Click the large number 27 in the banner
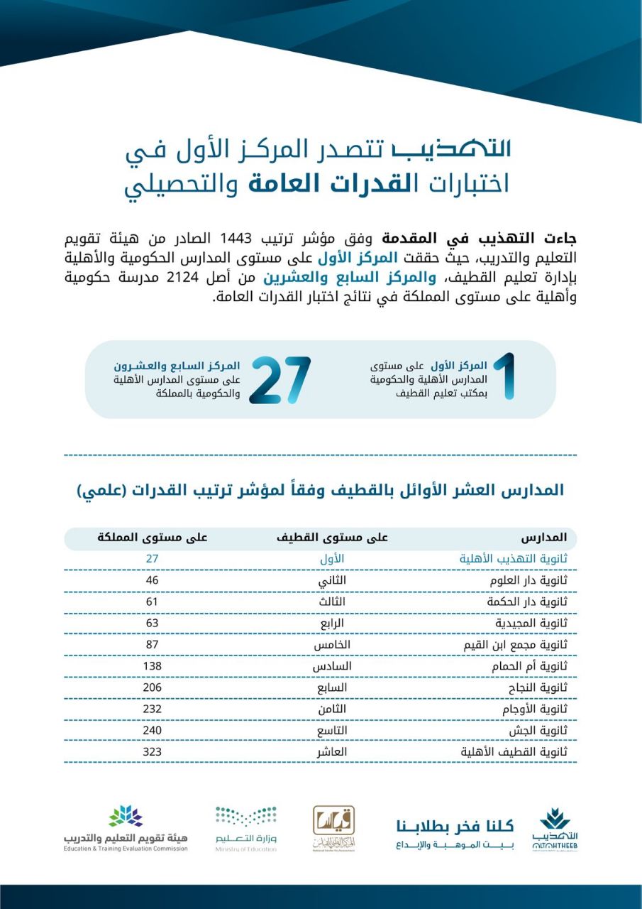point(280,380)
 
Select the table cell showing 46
point(152,580)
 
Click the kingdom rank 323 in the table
point(152,751)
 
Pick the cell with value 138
point(152,666)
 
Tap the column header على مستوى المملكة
point(153,538)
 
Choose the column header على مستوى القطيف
point(332,538)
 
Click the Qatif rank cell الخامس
point(333,645)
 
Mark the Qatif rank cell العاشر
point(333,751)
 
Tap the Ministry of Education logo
point(246,829)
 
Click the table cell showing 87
point(152,645)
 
